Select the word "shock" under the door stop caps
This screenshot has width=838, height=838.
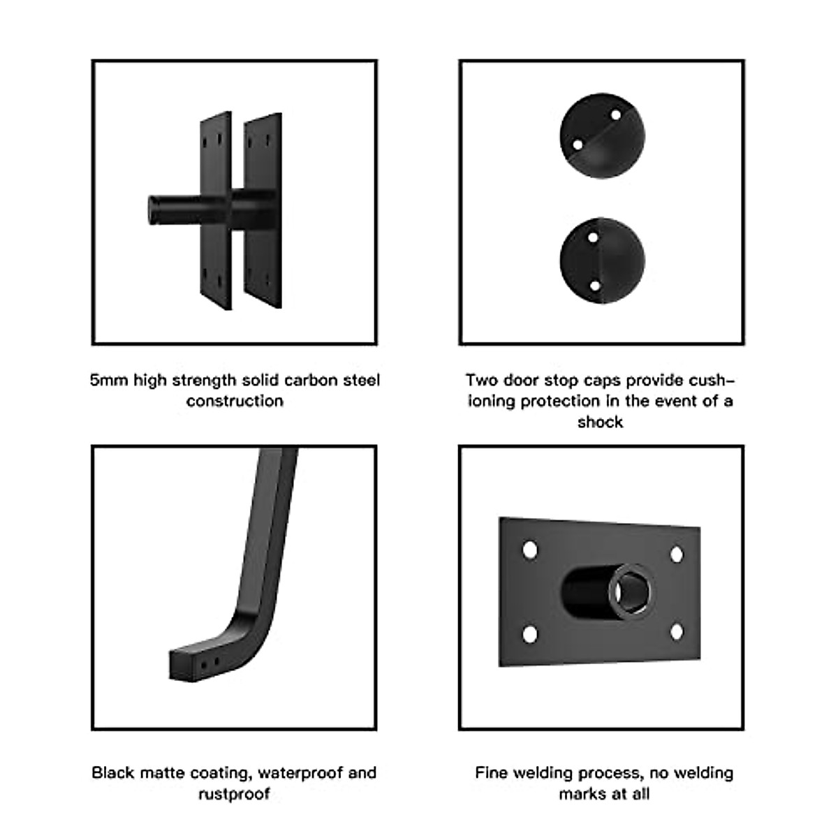click(x=600, y=422)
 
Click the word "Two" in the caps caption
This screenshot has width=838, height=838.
click(x=481, y=381)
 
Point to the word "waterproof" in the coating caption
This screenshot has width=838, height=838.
click(x=300, y=773)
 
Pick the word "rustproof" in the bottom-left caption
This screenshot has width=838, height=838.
click(x=234, y=794)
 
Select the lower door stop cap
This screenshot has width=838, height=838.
click(x=602, y=260)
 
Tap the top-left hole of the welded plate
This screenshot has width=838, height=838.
click(x=530, y=549)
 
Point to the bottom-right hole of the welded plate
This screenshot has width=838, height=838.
click(x=676, y=633)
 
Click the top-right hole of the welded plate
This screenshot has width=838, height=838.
click(x=676, y=555)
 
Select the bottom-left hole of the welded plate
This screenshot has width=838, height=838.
click(x=530, y=635)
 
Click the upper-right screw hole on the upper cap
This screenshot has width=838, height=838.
click(x=615, y=114)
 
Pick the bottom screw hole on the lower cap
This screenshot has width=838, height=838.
click(x=594, y=286)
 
